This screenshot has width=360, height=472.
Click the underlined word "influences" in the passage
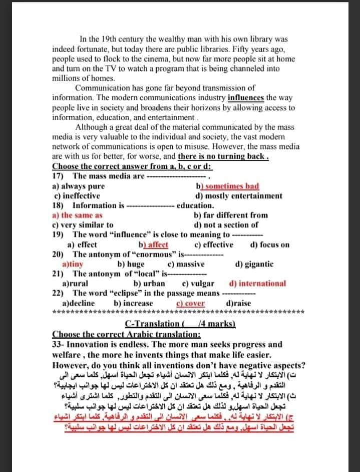tap(246, 98)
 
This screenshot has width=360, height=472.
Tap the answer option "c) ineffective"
tap(77, 195)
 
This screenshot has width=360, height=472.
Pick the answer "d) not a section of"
tap(226, 224)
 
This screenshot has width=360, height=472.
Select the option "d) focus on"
tap(269, 245)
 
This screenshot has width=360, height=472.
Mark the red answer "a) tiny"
tap(73, 264)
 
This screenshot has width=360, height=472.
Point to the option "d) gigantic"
tap(254, 264)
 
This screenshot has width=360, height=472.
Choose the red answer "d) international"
tap(257, 284)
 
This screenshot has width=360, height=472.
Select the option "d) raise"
tap(239, 303)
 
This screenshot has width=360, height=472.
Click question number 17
tap(57, 176)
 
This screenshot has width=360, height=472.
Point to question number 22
tap(57, 293)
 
